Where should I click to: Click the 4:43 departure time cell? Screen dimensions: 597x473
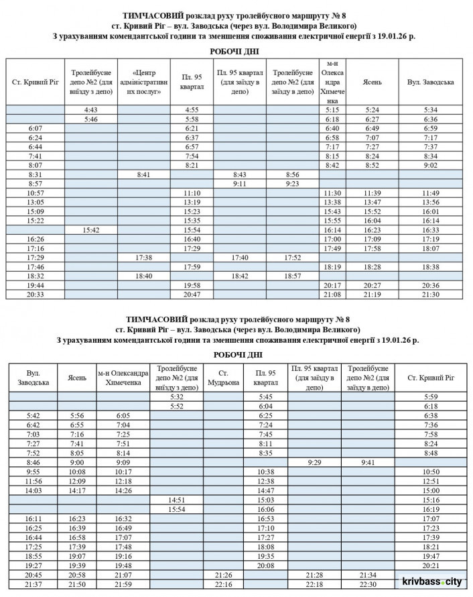(x=92, y=109)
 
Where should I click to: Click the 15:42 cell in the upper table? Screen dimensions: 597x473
(x=92, y=229)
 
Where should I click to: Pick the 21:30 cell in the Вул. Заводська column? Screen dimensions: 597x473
(x=431, y=294)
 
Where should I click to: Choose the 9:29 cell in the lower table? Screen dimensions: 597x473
(x=315, y=462)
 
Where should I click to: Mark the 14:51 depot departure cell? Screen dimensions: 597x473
(x=177, y=500)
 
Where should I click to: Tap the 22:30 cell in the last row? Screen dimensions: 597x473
(x=368, y=585)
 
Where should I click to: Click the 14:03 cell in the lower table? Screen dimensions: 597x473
(x=33, y=490)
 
